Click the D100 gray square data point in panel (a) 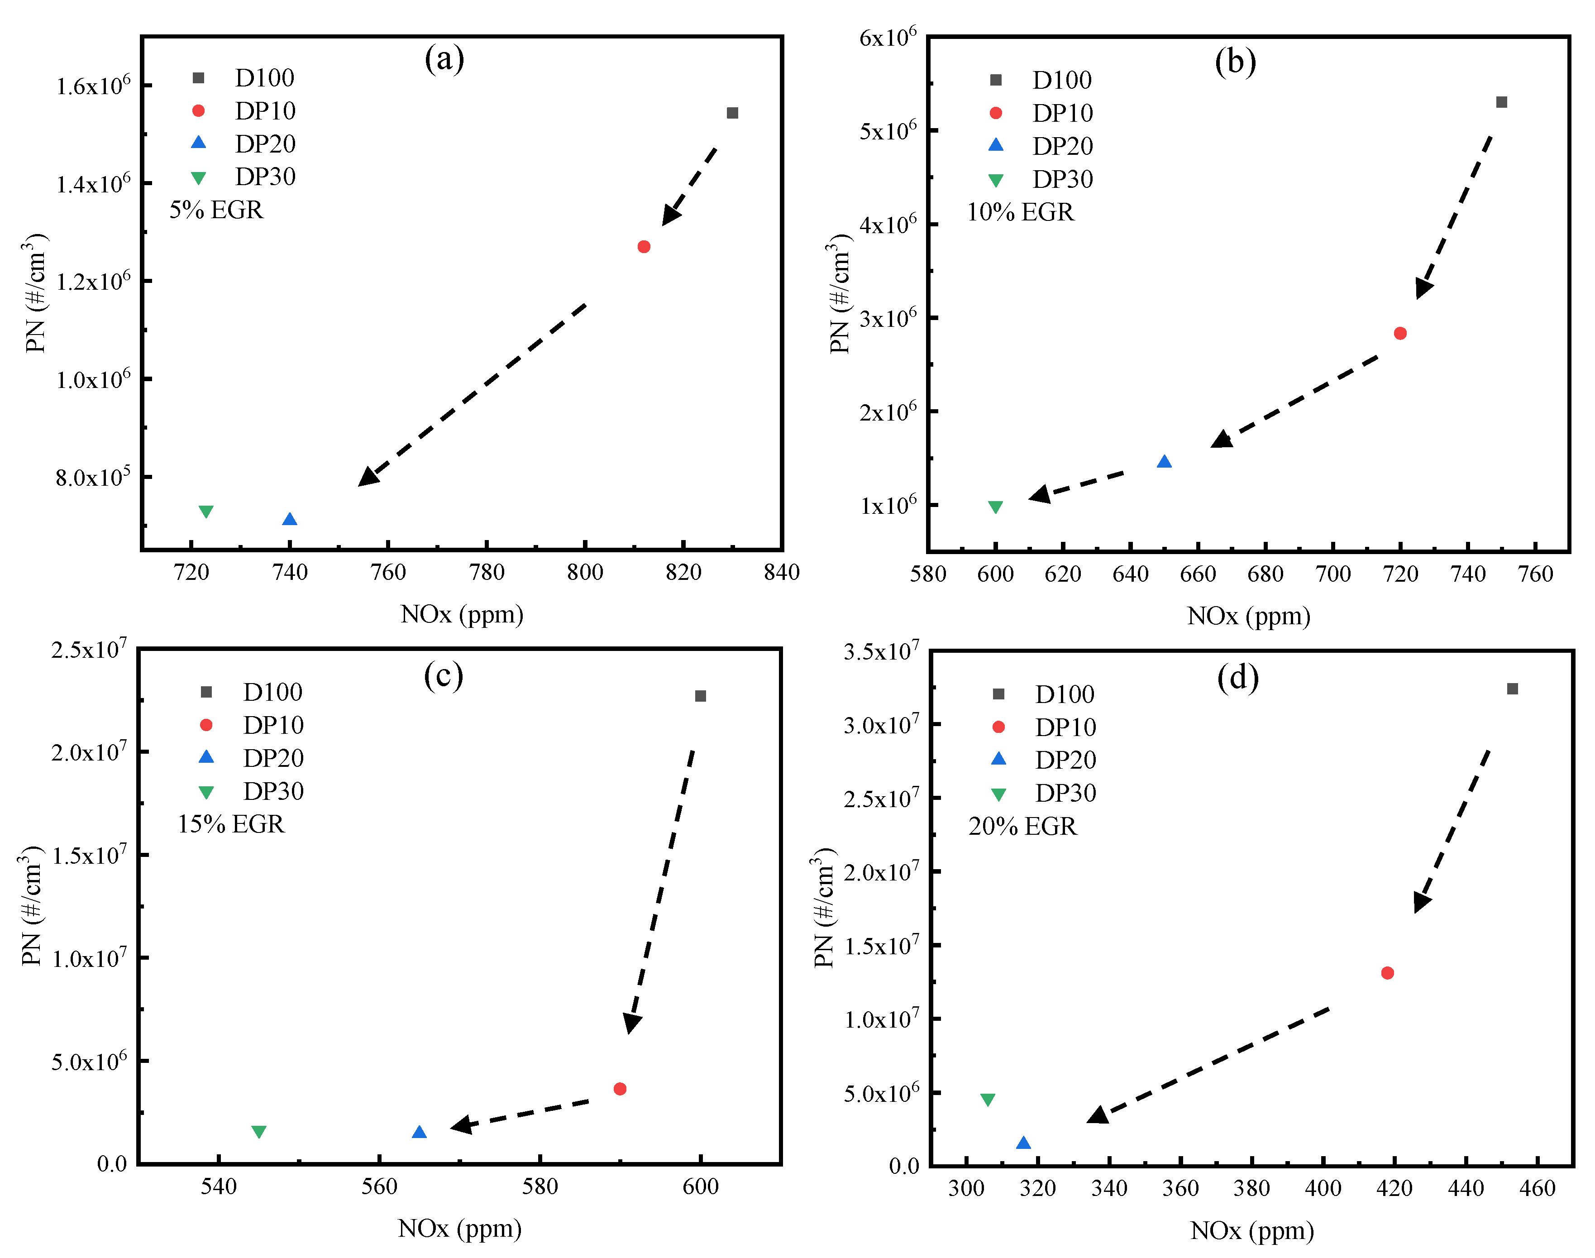point(732,113)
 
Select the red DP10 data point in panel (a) point(644,247)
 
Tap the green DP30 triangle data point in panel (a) point(206,511)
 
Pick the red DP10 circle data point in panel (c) point(620,1089)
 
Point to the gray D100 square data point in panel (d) point(1513,689)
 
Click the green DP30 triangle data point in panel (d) point(988,1100)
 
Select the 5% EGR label point(216,210)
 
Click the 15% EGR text point(230,823)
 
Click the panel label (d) point(1238,676)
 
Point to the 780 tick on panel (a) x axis point(487,572)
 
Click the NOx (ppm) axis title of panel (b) point(1249,616)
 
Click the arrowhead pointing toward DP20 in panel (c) point(461,1125)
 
